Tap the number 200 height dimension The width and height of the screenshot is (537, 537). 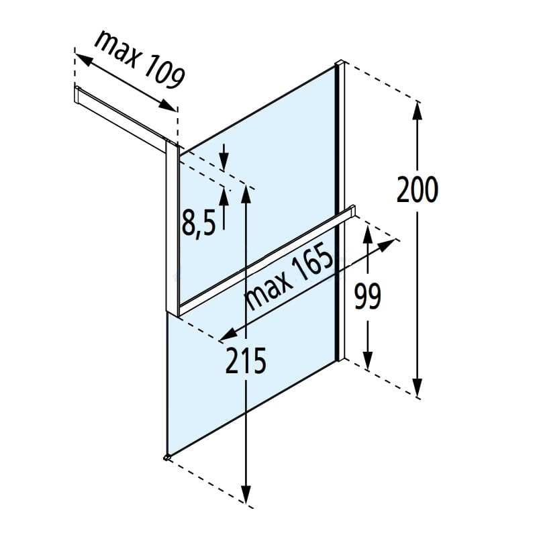(418, 189)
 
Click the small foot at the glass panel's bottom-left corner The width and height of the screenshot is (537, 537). (166, 458)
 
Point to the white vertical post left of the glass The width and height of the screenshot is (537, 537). (172, 228)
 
